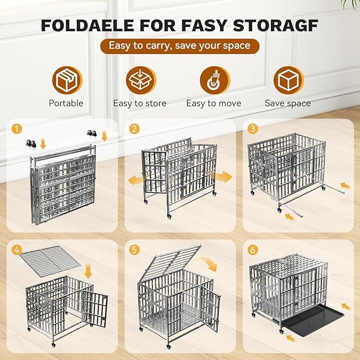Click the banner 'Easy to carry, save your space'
(179, 46)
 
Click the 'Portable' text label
(66, 103)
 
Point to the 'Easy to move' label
(214, 103)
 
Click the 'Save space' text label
(288, 103)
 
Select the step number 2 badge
(136, 129)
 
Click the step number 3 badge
(254, 129)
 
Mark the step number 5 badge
(136, 249)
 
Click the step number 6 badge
(254, 249)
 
